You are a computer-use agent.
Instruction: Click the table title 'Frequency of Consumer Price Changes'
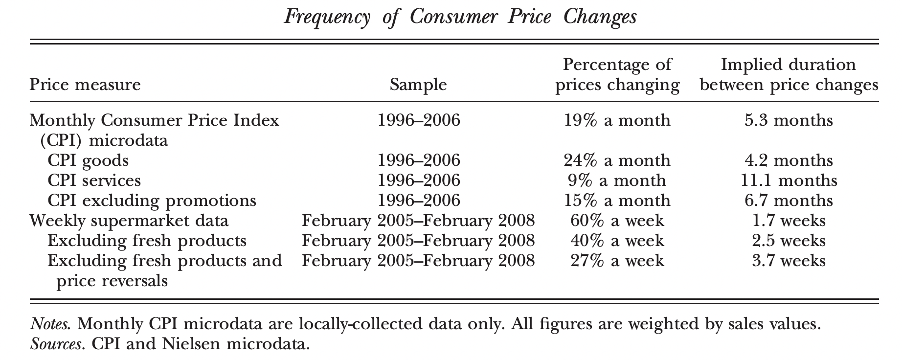point(460,18)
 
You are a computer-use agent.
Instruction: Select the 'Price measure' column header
point(85,85)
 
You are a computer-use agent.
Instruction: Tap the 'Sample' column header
point(418,85)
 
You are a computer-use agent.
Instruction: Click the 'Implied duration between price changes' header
point(789,75)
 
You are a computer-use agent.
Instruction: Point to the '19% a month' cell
point(617,120)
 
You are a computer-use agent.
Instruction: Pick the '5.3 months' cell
point(789,120)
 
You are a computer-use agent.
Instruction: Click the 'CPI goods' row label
point(88,160)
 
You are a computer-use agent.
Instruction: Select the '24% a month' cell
point(617,160)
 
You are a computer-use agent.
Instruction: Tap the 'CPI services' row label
point(94,180)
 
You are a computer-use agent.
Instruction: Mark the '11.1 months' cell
point(789,180)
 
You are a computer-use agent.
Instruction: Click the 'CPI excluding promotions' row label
point(152,201)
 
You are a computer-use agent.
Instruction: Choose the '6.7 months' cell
point(789,201)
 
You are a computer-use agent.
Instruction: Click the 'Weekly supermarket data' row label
point(129,221)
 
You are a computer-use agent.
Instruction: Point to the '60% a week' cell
point(617,221)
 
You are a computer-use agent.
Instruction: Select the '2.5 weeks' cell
point(789,241)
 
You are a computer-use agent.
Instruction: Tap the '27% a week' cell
point(617,261)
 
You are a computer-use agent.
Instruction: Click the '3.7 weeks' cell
point(789,261)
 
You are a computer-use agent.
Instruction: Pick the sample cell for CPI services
point(419,180)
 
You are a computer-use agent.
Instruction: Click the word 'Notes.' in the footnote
point(50,324)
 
